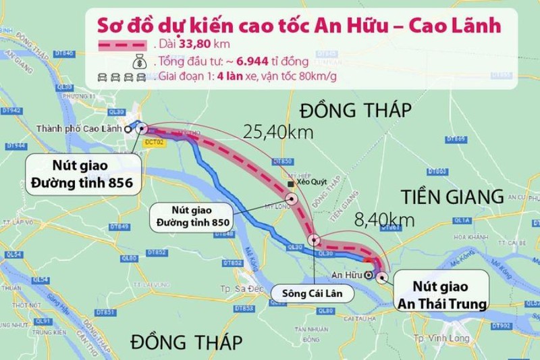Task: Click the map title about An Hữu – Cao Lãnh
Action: [x=299, y=26]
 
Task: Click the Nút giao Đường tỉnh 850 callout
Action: [x=193, y=215]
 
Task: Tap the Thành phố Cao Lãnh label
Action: [x=83, y=128]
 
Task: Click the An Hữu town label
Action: [x=346, y=276]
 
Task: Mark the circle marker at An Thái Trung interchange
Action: [x=383, y=276]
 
